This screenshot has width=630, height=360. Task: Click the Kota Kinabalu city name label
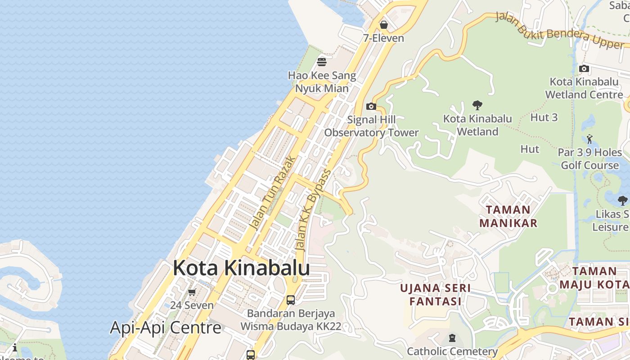(x=241, y=268)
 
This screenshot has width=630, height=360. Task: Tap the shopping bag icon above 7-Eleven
(x=384, y=25)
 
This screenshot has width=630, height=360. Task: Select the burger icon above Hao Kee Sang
(x=322, y=62)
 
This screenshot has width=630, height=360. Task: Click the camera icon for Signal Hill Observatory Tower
(x=371, y=106)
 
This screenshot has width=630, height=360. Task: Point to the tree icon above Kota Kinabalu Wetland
(x=477, y=105)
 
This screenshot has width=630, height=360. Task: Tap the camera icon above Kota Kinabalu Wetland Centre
(x=584, y=68)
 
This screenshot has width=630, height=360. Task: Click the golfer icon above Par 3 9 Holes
(x=589, y=139)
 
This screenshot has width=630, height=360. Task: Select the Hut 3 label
(x=544, y=117)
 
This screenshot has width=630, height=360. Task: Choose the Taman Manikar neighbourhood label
(x=508, y=216)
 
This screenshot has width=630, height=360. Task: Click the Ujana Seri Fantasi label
(x=436, y=294)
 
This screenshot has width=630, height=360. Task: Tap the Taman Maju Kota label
(x=594, y=278)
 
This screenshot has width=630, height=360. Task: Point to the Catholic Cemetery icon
(x=452, y=338)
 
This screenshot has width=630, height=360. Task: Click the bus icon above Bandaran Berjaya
(x=291, y=300)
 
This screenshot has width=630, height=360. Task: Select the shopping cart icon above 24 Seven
(x=192, y=292)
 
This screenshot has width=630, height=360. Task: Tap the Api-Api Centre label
(x=166, y=327)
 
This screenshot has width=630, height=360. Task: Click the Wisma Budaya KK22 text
(x=291, y=326)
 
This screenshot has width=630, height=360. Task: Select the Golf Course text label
(x=589, y=165)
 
